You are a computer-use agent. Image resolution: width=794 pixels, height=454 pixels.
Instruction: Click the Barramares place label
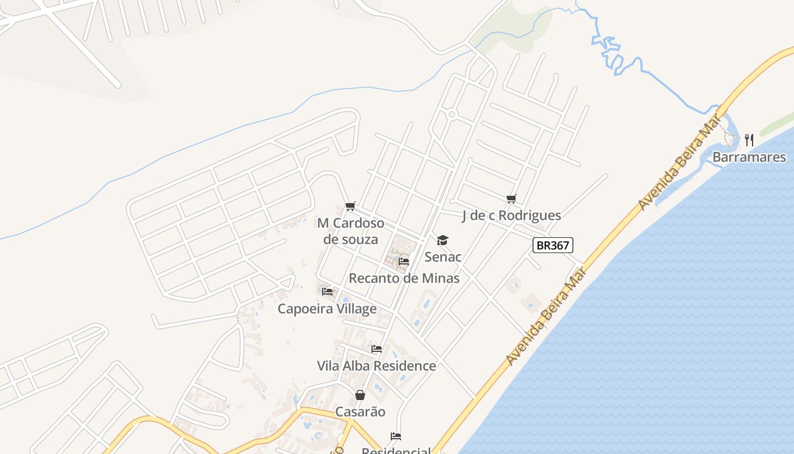click(749, 157)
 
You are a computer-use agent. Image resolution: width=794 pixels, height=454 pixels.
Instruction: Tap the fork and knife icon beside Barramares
click(749, 140)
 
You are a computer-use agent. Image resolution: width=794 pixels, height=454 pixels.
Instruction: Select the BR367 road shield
click(553, 245)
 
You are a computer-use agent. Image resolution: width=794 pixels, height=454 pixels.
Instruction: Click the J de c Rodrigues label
click(512, 216)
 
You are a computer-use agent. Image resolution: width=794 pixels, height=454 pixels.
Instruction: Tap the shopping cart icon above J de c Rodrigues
click(512, 199)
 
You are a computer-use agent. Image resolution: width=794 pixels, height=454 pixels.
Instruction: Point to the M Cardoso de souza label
click(350, 231)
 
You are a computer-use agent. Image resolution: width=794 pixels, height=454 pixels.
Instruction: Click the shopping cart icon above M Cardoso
click(350, 206)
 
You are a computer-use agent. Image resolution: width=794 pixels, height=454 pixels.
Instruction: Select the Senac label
click(443, 257)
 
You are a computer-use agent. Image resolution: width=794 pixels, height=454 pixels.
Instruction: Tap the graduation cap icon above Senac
click(442, 241)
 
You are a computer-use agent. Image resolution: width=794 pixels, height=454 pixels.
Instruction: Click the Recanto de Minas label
click(404, 278)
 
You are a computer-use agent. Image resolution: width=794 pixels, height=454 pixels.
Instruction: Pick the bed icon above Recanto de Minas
click(404, 262)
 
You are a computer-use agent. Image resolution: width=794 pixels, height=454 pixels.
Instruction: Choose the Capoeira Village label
click(327, 309)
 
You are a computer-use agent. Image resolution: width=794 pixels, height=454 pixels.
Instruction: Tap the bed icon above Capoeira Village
click(327, 292)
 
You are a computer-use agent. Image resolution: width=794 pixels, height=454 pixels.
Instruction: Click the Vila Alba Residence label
click(377, 366)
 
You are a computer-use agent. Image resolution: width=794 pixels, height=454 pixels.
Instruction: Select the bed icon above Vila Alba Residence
click(377, 349)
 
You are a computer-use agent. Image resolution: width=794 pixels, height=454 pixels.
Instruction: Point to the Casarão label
click(360, 411)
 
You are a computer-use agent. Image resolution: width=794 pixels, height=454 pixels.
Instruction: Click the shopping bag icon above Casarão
click(360, 395)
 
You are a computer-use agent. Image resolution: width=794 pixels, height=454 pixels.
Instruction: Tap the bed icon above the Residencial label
click(396, 436)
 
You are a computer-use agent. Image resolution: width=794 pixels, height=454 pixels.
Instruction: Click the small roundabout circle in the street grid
click(451, 115)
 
